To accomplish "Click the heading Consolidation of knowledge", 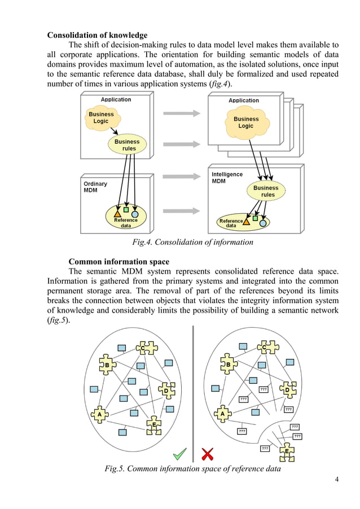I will point(97,36).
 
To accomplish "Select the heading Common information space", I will point(118,261).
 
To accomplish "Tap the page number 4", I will point(337,480).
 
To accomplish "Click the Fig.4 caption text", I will point(192,242).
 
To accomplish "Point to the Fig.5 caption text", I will point(192,468).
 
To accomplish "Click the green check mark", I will point(180,453).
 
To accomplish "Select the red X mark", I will point(207,454).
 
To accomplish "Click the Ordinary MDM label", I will point(95,187).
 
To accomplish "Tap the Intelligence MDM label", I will point(227,178).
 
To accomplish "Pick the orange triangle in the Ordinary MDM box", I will point(117,214).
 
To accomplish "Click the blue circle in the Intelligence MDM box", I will point(263,223).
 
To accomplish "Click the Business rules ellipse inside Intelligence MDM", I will point(266,191).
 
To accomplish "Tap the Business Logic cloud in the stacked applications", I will point(246,122).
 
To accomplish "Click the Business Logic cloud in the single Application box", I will point(101,117).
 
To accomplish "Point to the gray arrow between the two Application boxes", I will point(182,113).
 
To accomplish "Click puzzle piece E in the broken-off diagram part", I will point(287,451).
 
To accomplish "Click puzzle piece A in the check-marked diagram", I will point(100,414).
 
